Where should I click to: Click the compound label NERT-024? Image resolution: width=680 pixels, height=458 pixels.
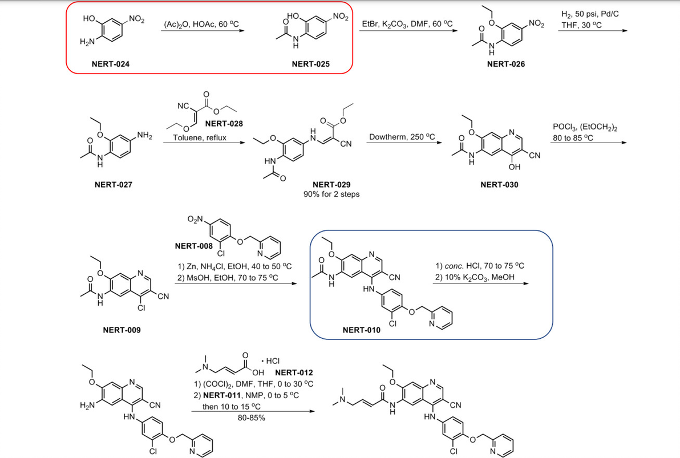(111, 64)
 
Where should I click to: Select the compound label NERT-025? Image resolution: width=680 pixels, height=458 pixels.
(310, 64)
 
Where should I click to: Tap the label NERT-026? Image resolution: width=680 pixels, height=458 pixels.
(506, 64)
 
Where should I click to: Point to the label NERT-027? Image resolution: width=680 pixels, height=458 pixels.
(113, 184)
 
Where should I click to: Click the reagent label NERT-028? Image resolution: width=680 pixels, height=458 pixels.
(224, 124)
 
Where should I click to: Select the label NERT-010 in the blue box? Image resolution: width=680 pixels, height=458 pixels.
(362, 330)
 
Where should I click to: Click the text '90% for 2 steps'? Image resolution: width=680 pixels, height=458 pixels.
(331, 194)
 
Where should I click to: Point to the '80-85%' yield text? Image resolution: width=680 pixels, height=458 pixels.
(251, 417)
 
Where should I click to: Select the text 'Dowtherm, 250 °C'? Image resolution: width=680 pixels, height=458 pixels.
(402, 137)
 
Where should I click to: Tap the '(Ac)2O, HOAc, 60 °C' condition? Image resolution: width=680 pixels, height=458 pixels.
(201, 24)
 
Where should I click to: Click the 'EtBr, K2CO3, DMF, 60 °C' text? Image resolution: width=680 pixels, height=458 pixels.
(407, 24)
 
